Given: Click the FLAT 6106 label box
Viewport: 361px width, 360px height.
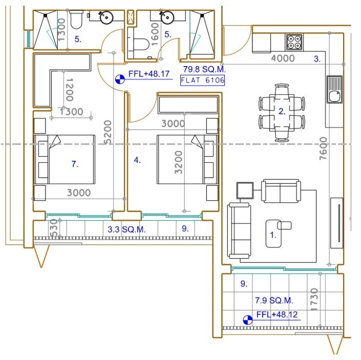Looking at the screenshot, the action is coord(202,80).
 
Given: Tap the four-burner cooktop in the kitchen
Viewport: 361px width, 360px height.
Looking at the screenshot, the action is coord(294,42).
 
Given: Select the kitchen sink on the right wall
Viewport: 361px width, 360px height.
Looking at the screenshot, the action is coord(334,89).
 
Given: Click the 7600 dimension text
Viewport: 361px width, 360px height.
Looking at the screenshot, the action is coord(324,149).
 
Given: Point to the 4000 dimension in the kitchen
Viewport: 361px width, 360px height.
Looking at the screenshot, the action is coord(283,58).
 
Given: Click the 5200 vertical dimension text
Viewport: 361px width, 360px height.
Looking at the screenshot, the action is coord(108,132).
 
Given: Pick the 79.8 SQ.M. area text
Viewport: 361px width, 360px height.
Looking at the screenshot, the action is coord(204,69).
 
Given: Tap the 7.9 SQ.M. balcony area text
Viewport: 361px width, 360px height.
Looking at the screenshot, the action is coord(274,300).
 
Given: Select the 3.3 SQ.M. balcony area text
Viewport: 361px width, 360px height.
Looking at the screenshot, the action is coord(127,229).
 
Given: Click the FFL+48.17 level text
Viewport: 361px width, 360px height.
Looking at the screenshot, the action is coord(149,74).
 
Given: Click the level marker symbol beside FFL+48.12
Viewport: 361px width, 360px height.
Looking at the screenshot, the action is coord(248,320).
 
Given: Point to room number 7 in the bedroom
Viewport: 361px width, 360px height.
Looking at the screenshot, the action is coord(75,164).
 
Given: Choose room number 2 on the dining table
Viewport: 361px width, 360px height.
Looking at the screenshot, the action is coord(282,112).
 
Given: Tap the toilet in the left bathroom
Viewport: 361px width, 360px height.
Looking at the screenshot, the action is coord(76,19).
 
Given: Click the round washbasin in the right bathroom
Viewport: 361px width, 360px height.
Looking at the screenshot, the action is coord(167,17).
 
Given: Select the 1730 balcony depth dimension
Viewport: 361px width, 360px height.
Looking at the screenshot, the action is coord(314,299).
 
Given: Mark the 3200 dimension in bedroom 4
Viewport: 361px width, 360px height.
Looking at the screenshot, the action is coord(178,162).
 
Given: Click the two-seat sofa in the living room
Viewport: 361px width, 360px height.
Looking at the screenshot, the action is coord(281,191).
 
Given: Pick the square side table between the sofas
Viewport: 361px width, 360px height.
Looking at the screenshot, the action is coord(245,190).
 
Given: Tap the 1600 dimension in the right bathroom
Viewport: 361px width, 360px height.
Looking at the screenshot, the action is coord(155,34).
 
